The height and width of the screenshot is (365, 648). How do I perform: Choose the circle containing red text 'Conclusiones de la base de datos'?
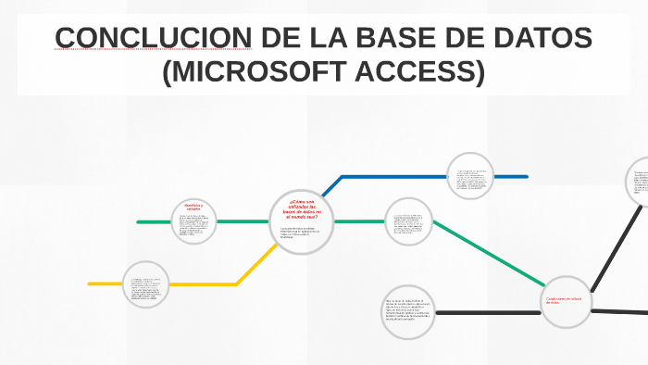(x=566, y=301)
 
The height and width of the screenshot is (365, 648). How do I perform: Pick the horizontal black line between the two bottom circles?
(x=487, y=312)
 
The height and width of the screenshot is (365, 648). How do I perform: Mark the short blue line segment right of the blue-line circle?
(x=513, y=176)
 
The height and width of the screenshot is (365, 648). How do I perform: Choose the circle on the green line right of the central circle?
(x=408, y=221)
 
